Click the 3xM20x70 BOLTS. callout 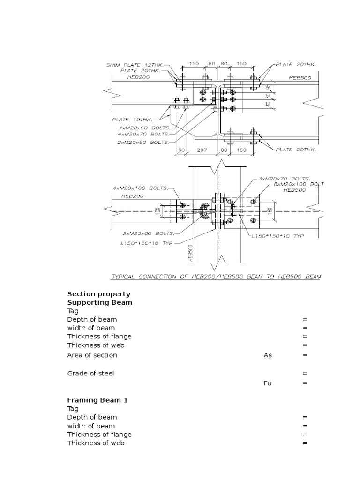pos(284,179)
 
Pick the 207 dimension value pos(201,150)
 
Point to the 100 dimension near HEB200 pos(158,210)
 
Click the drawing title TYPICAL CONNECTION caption pos(216,277)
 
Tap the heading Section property pos(99,294)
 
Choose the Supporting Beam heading pos(100,302)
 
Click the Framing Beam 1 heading pos(97,400)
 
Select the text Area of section pos(92,355)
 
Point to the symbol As pos(268,355)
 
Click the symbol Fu pos(268,383)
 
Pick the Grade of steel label pos(90,373)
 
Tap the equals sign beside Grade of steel pos(305,374)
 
